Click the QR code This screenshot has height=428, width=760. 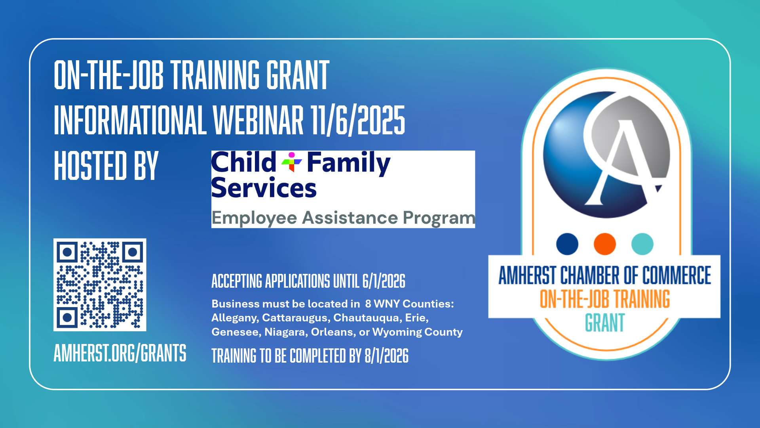[100, 285]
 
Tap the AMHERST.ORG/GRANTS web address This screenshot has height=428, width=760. [120, 353]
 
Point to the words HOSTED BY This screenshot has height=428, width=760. [106, 166]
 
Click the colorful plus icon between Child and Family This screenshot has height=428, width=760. [292, 162]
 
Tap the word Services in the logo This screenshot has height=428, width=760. [264, 188]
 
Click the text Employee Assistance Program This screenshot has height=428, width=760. [343, 218]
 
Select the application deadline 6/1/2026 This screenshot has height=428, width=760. [384, 281]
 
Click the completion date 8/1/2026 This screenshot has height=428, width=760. [386, 356]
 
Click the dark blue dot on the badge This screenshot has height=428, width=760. [567, 244]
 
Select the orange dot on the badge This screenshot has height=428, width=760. [604, 244]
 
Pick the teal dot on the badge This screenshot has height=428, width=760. [642, 244]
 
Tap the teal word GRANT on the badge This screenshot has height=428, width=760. [604, 323]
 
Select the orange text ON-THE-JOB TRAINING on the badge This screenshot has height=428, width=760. [604, 299]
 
